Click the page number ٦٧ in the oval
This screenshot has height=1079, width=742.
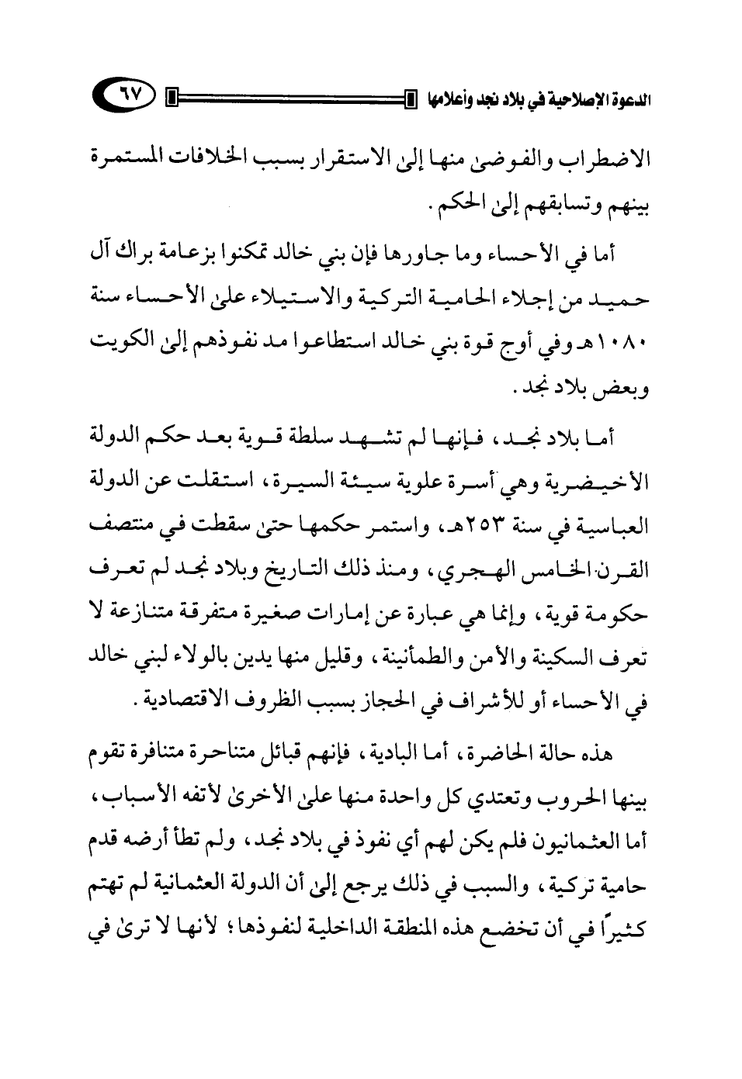(x=125, y=99)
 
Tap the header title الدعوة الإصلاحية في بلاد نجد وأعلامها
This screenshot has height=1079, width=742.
(x=536, y=99)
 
